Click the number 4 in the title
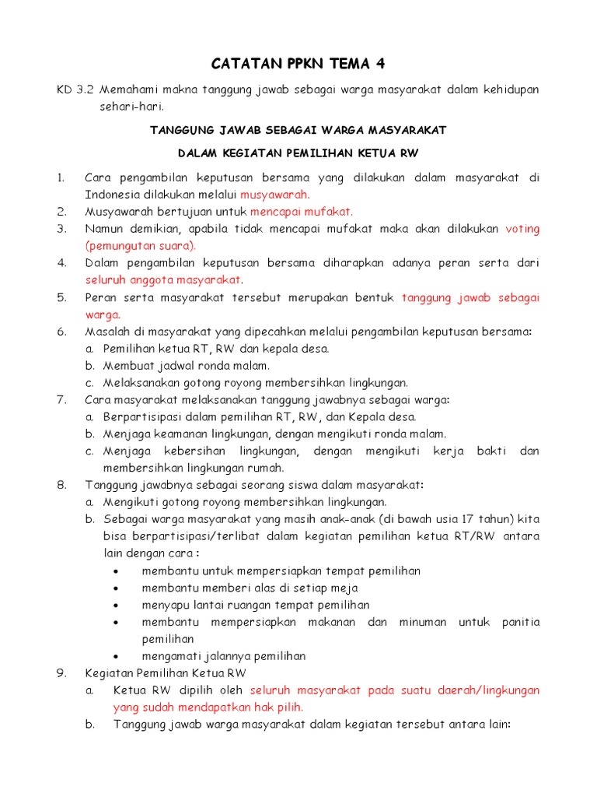point(380,62)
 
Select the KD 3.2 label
point(75,90)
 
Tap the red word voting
point(522,229)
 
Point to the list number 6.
point(61,331)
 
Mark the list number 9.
point(61,672)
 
